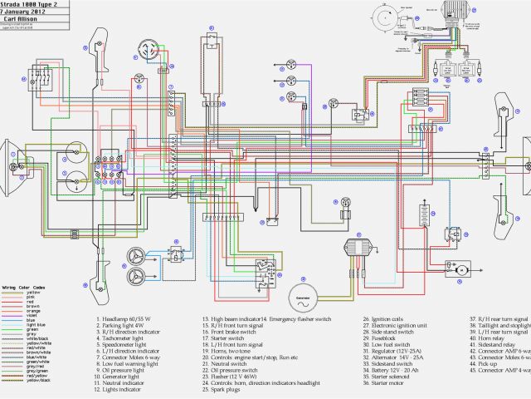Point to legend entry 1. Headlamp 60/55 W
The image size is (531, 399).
128,319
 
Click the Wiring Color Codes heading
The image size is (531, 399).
22,286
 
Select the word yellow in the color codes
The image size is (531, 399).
33,292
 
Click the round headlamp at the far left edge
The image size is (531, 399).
9,154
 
